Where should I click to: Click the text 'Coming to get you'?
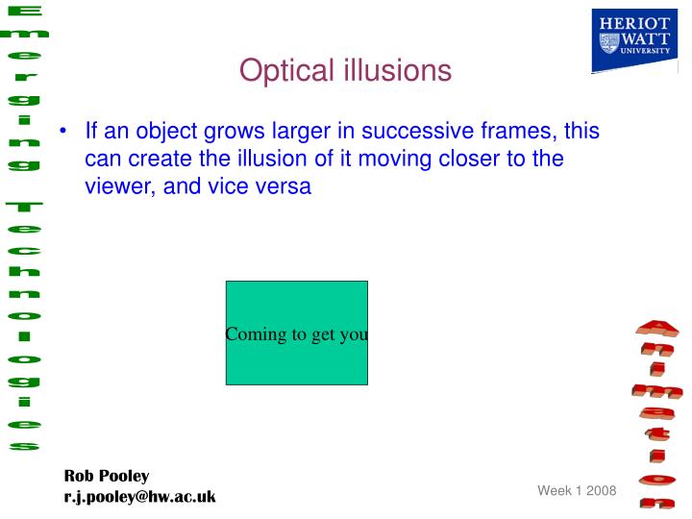(x=297, y=334)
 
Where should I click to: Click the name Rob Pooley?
(x=107, y=476)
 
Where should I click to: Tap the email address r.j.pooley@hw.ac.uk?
(x=139, y=496)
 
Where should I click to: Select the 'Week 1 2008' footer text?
(x=576, y=490)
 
